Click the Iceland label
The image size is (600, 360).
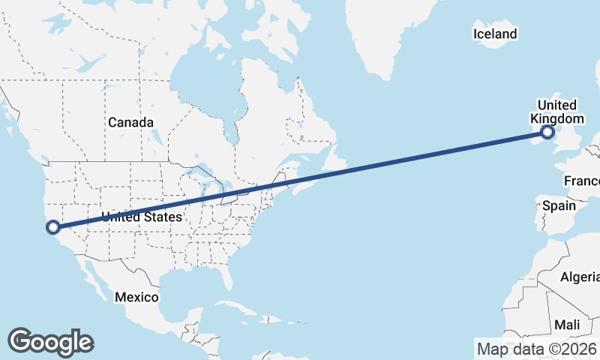[x=495, y=34]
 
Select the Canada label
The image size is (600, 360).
[x=130, y=122]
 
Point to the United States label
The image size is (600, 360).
[x=142, y=217]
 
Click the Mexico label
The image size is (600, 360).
[x=136, y=297]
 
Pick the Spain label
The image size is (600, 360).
[x=559, y=205]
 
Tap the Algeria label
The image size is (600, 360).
[x=580, y=277]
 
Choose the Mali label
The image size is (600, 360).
[x=567, y=325]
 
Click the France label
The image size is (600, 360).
[x=582, y=181]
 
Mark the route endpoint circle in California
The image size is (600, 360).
[x=53, y=226]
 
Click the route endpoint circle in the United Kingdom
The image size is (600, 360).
[x=547, y=132]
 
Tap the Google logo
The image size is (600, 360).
[x=50, y=341]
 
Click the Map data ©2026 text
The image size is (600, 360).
[x=537, y=349]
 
